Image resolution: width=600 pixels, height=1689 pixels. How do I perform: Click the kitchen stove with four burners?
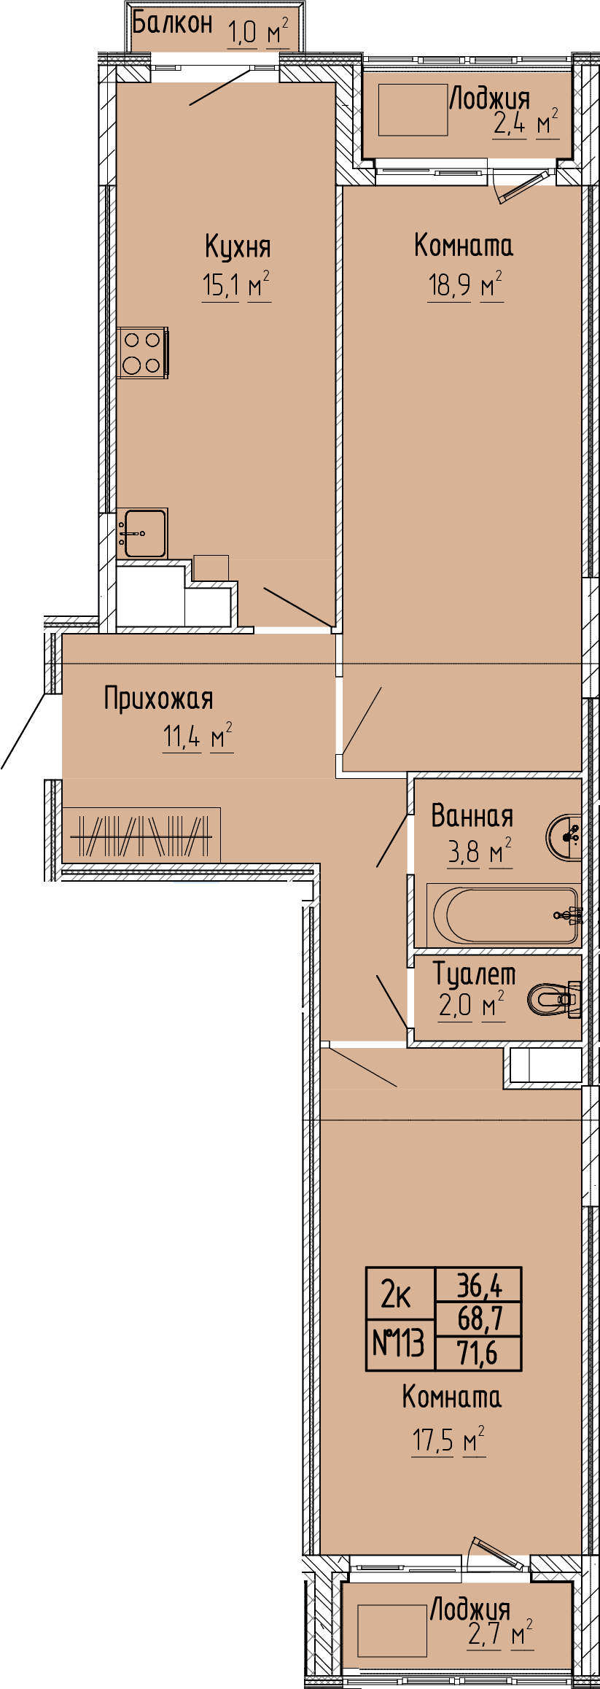(143, 352)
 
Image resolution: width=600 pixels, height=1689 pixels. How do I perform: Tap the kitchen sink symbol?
(142, 533)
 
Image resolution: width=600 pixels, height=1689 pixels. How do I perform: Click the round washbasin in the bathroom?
(564, 836)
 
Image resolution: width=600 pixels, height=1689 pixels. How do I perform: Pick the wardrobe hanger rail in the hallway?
(141, 836)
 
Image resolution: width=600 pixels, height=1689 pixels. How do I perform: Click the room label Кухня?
(238, 247)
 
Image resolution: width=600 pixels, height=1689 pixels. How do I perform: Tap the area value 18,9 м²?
(465, 285)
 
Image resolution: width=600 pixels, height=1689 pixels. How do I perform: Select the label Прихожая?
(158, 699)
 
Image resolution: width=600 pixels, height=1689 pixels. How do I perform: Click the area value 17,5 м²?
(448, 1441)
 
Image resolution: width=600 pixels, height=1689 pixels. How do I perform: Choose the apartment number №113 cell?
(400, 1343)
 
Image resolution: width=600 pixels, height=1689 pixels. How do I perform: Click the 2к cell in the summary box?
(400, 1294)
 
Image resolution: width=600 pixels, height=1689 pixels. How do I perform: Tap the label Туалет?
(475, 974)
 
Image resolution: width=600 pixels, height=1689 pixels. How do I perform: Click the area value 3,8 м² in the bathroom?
(479, 852)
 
